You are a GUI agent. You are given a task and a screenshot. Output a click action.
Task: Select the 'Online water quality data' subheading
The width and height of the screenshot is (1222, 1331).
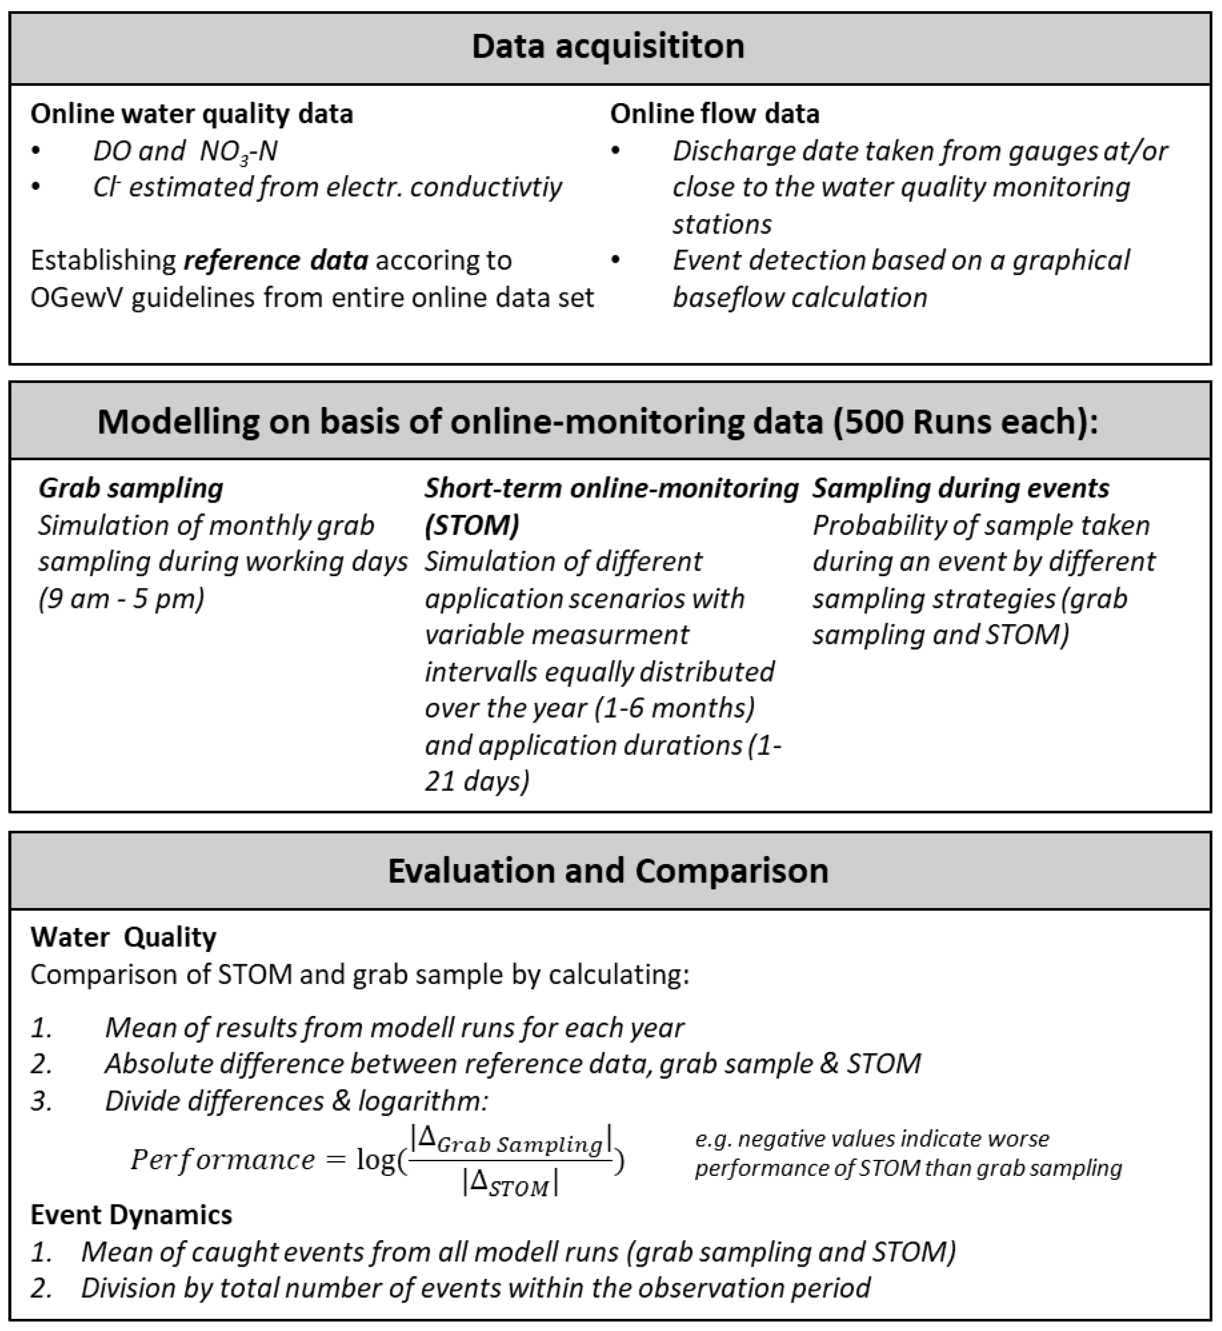click(192, 114)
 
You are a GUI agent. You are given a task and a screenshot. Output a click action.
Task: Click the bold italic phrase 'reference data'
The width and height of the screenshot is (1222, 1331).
click(276, 260)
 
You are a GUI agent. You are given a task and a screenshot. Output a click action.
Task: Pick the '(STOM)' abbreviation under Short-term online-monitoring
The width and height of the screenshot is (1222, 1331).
click(472, 525)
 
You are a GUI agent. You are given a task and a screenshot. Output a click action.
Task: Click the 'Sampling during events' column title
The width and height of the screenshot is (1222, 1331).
click(960, 489)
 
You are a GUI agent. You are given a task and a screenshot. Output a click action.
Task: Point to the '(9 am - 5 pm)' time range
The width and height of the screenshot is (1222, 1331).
click(121, 598)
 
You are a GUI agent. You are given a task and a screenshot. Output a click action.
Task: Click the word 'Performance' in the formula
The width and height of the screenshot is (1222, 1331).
click(223, 1159)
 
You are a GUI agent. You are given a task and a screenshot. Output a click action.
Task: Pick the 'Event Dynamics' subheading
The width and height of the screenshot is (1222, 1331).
click(131, 1215)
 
